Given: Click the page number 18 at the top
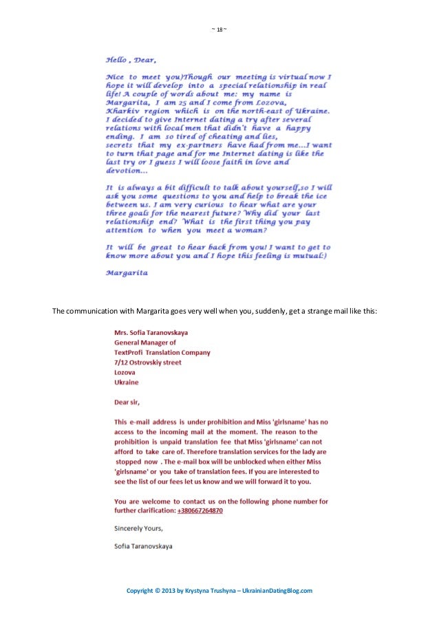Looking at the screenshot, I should coord(218,30).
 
